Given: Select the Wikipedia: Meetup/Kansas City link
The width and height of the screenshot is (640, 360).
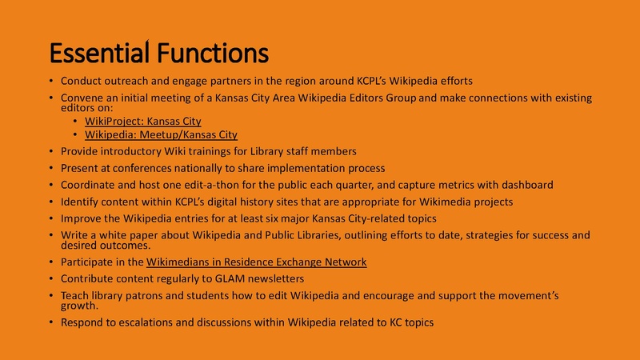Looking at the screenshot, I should pos(161,135).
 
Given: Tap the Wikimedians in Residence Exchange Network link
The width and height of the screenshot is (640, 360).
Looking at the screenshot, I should pos(256,262).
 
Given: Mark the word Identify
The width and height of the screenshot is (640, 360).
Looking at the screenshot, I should pos(79,202).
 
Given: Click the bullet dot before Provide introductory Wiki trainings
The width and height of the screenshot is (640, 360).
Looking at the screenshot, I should pos(50,151).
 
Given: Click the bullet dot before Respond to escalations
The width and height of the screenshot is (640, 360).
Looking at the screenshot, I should pos(50,323).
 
